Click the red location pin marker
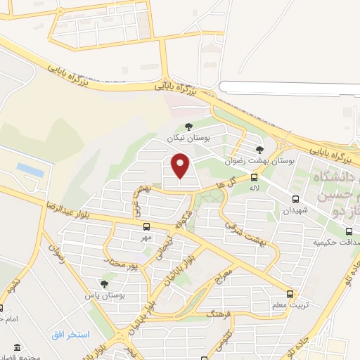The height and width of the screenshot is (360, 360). pos(181,165)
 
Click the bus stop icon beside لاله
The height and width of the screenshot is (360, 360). pos(254,178)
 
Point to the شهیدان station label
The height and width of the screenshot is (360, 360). pos(295,210)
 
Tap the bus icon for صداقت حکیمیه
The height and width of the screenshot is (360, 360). pos(349,231)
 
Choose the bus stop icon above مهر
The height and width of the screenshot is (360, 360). pos(146,226)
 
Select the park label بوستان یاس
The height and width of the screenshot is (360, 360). pos(104,296)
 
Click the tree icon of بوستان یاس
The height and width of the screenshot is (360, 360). pos(104,284)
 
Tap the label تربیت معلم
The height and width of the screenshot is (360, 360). pos(290,307)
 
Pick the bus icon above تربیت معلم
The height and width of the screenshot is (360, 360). pos(290,294)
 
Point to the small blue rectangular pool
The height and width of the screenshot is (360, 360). pos(30,169)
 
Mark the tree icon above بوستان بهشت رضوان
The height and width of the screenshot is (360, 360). pos(259,149)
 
